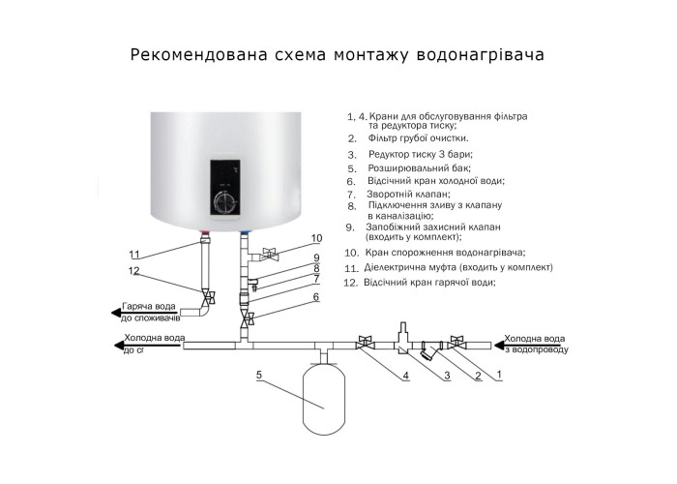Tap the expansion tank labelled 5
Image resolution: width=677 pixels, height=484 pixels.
tap(324, 400)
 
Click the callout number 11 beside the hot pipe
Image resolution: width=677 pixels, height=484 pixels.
tap(134, 254)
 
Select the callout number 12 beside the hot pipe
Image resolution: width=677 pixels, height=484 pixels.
tap(133, 271)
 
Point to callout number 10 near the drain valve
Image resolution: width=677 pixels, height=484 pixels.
tap(316, 238)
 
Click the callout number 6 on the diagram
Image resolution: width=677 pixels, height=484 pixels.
tap(316, 297)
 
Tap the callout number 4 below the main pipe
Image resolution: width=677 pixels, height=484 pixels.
tap(405, 376)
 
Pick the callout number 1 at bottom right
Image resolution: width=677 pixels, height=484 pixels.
tap(499, 374)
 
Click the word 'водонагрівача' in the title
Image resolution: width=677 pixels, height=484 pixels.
tap(480, 55)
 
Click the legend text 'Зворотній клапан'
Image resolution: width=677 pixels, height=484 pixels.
tap(408, 194)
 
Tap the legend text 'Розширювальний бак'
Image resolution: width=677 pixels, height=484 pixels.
tap(419, 167)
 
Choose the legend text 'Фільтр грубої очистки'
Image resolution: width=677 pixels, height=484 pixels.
tap(419, 138)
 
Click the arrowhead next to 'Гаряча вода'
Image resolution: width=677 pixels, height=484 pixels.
tap(115, 313)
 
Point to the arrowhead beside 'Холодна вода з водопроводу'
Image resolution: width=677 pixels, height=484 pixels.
tap(499, 345)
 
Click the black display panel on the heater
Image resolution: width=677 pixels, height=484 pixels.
tap(224, 188)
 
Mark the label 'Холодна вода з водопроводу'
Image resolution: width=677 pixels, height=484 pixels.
tap(536, 344)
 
